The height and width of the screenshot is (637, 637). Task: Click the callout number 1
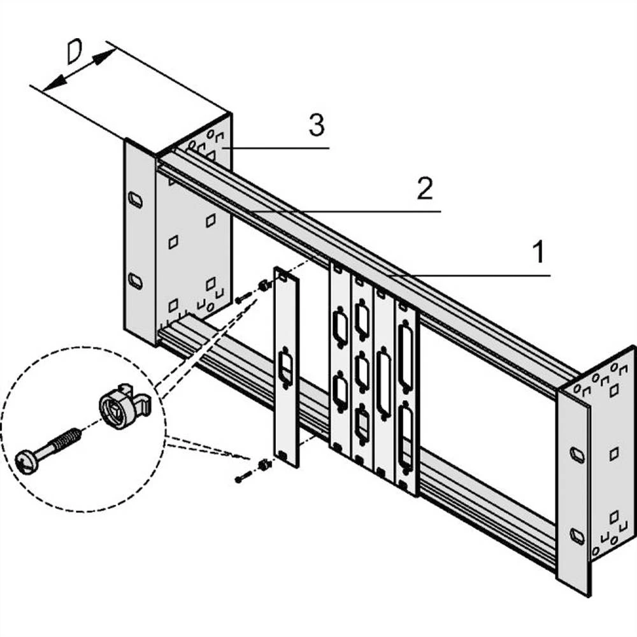pyautogui.click(x=539, y=253)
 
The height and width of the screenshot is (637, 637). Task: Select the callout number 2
pyautogui.click(x=425, y=189)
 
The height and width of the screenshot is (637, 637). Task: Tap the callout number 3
pyautogui.click(x=317, y=125)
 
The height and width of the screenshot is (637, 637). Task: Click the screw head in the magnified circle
pyautogui.click(x=28, y=462)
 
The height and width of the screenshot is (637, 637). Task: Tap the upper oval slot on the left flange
pyautogui.click(x=135, y=199)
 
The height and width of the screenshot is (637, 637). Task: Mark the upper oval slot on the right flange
pyautogui.click(x=577, y=455)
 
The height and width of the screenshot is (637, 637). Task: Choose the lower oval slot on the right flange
pyautogui.click(x=577, y=536)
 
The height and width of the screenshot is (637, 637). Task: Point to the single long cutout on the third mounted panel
pyautogui.click(x=384, y=382)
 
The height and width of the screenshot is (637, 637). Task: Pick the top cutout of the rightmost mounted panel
pyautogui.click(x=405, y=357)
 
